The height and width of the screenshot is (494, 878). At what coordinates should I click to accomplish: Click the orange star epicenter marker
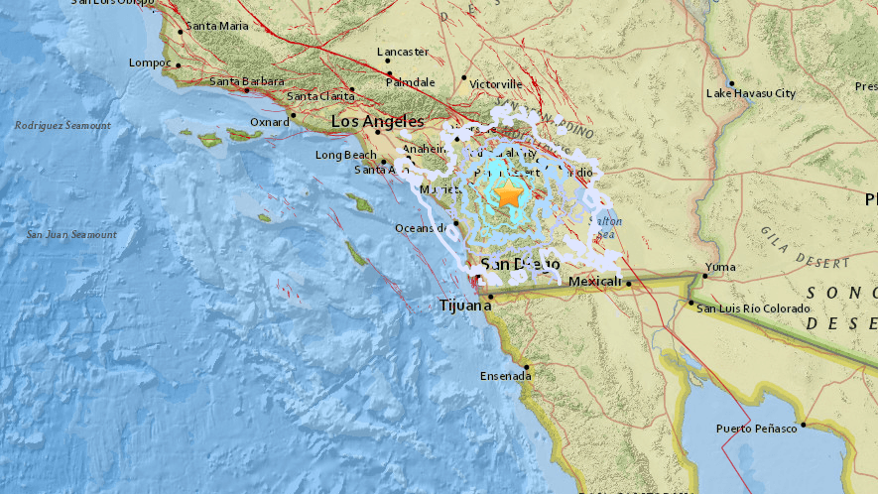pyautogui.click(x=509, y=194)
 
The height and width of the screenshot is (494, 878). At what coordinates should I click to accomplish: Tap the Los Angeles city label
pyautogui.click(x=370, y=121)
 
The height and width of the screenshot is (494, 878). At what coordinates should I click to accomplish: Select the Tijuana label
pyautogui.click(x=465, y=306)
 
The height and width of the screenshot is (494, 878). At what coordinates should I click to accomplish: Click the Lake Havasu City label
pyautogui.click(x=751, y=93)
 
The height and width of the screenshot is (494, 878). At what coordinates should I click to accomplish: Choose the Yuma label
pyautogui.click(x=720, y=267)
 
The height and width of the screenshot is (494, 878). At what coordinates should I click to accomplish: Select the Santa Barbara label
pyautogui.click(x=248, y=81)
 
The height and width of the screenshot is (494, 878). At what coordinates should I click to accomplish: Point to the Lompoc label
pyautogui.click(x=151, y=62)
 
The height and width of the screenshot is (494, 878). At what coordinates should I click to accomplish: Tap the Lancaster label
pyautogui.click(x=403, y=52)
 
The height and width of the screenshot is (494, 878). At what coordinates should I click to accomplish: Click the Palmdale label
pyautogui.click(x=411, y=81)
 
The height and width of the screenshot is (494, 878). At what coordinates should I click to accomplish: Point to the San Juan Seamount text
pyautogui.click(x=71, y=234)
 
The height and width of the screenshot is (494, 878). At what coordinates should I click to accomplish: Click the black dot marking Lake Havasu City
pyautogui.click(x=731, y=83)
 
